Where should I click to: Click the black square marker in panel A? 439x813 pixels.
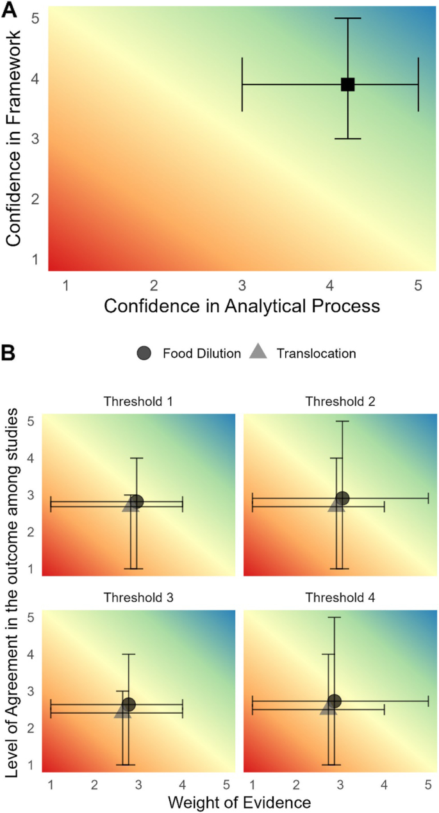coord(347,84)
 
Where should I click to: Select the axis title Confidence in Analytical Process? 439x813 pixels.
coord(242,306)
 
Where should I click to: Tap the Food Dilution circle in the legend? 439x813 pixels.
coord(144,353)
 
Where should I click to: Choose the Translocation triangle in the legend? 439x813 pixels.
coord(256,352)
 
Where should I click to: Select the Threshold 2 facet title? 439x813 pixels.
coord(340,401)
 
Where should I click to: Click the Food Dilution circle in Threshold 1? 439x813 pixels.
coord(137,501)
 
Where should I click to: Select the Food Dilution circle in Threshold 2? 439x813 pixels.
coord(342,498)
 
